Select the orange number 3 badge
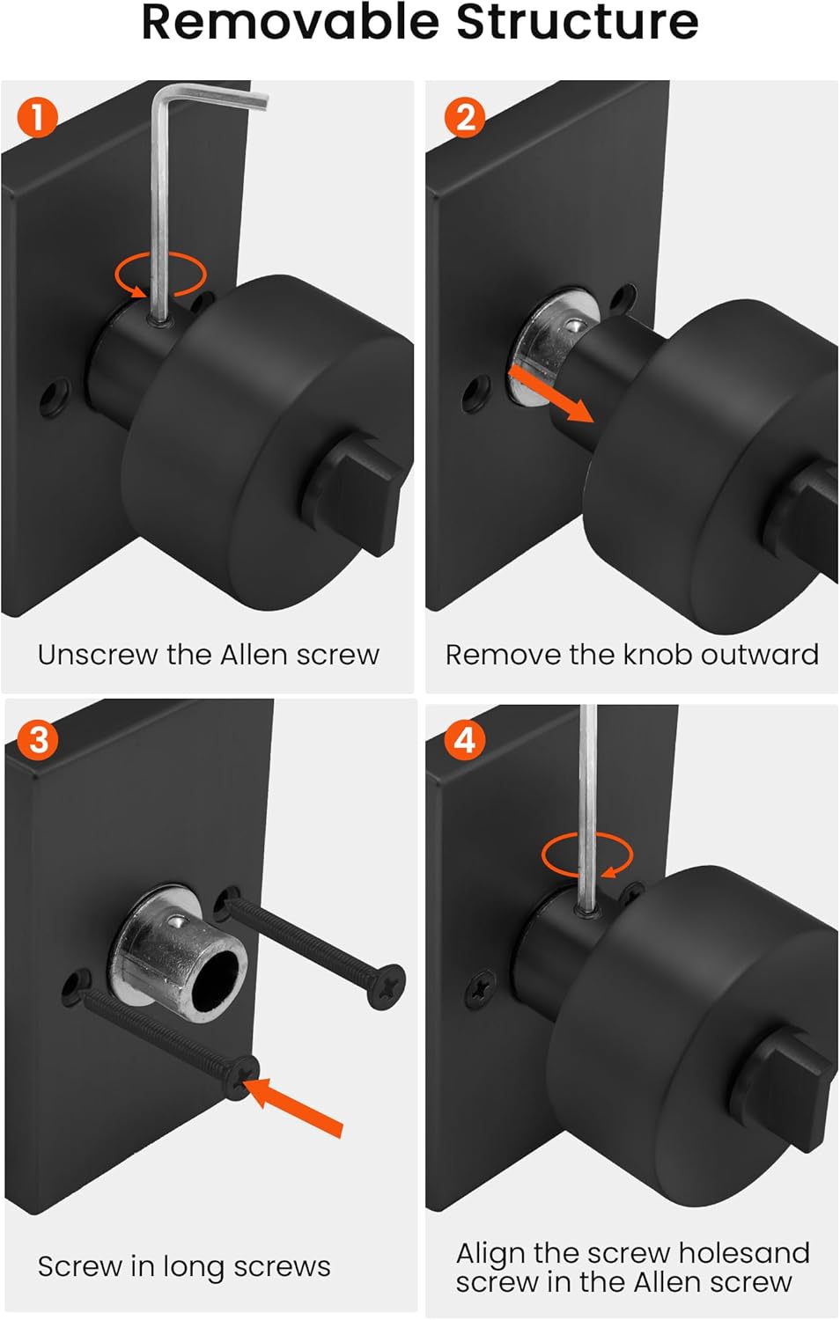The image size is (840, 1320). pos(39,739)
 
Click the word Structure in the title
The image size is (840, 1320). pos(578,22)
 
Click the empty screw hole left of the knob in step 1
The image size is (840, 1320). pos(55,396)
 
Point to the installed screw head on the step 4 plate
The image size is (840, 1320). pos(483,987)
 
